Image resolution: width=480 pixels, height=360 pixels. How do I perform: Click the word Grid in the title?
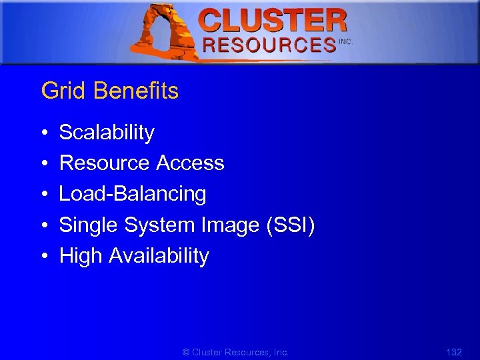coord(58,91)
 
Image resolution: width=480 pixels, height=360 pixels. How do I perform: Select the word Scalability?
coord(107,133)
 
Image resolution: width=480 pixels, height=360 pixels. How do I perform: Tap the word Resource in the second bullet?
coord(105,163)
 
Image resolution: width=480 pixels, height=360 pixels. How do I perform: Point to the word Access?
coord(191,163)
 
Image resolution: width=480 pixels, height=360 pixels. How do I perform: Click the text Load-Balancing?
coord(133,194)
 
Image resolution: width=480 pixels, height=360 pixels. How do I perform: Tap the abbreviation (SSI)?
coord(290,225)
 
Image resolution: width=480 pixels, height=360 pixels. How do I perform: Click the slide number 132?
coord(453,351)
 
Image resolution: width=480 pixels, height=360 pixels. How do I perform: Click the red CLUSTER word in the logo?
coord(273,20)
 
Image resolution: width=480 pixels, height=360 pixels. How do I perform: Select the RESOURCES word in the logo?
coord(269,45)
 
